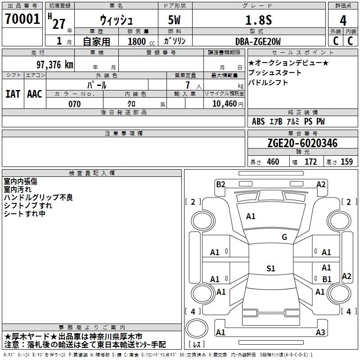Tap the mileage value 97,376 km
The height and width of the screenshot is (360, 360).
[x=54, y=65]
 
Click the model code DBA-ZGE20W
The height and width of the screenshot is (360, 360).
[x=258, y=42]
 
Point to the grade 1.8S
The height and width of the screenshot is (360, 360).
[x=257, y=20]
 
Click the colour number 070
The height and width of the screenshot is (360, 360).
[x=75, y=104]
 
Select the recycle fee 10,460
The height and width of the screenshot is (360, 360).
[x=223, y=104]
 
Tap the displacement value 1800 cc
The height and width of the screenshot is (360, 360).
[x=137, y=42]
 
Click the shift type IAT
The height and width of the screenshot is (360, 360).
[x=13, y=94]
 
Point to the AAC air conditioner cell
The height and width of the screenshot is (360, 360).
[x=35, y=94]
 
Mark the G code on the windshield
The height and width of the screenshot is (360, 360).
[x=284, y=237]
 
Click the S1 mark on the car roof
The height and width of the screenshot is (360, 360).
[x=270, y=269]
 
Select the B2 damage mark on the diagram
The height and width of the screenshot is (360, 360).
[x=220, y=184]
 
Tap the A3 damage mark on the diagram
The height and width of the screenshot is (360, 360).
[x=320, y=333]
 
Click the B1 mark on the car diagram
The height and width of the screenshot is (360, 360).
[x=327, y=279]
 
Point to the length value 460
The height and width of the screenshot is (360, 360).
[x=273, y=162]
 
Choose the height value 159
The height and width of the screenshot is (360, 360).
[x=346, y=162]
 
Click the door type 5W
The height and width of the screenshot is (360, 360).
[x=175, y=20]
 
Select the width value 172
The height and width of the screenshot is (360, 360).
[x=310, y=162]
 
